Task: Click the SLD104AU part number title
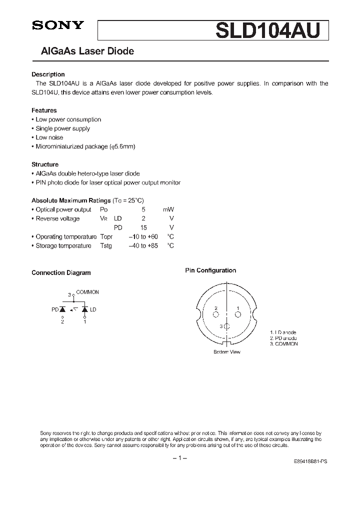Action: coord(271,30)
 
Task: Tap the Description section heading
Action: coord(48,74)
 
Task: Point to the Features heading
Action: coord(44,110)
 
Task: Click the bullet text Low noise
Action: coord(49,137)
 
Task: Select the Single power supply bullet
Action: coord(62,128)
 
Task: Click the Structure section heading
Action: coord(45,164)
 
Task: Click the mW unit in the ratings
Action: coord(168,209)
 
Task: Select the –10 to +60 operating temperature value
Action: coord(143,236)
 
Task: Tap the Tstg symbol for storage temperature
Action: coord(106,245)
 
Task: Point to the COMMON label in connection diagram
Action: coord(87,292)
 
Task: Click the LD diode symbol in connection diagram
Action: coord(85,310)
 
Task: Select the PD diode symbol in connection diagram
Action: coord(63,310)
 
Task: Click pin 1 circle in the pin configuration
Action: coord(238,314)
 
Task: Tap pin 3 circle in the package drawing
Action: coord(227,326)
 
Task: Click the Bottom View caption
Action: coord(227,352)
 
